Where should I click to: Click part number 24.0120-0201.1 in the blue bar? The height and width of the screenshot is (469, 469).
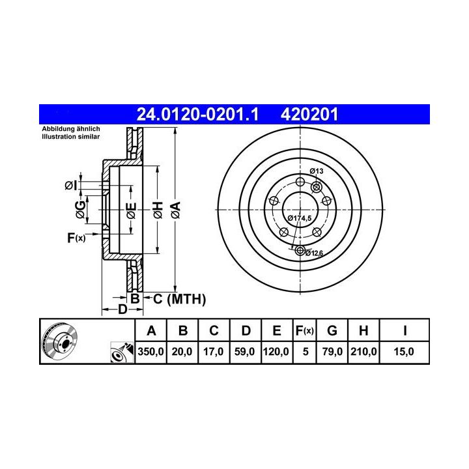click(197, 114)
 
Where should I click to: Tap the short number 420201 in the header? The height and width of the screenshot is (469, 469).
click(309, 114)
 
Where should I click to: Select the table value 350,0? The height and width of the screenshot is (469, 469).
click(150, 352)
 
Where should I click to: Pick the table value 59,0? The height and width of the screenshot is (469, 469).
click(245, 352)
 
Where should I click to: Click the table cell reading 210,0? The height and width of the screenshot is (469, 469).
click(363, 352)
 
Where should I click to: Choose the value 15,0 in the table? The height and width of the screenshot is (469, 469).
click(404, 352)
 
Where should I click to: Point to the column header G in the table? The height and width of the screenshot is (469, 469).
click(332, 331)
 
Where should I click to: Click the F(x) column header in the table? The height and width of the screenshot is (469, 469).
click(304, 331)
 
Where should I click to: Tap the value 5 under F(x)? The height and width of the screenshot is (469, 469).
click(306, 352)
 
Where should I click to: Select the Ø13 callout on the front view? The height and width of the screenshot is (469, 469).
click(317, 171)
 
